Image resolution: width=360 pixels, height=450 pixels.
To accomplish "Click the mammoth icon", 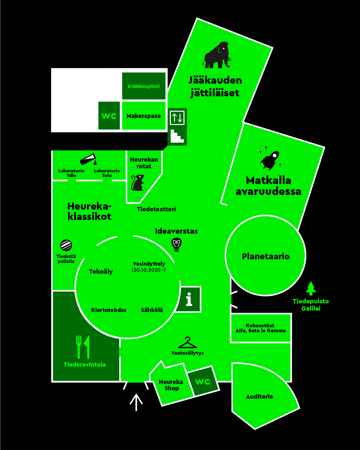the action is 217,55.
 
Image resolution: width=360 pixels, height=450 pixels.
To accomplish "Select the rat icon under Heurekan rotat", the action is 138,183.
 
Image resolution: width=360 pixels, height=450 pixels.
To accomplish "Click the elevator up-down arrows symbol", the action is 177,118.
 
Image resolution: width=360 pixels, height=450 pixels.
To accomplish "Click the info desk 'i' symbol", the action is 189,299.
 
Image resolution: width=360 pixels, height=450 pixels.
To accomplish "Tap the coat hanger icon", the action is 187,342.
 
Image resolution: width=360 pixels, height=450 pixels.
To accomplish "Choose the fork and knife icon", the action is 83,347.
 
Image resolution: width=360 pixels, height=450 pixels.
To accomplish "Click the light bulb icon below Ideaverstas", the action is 177,244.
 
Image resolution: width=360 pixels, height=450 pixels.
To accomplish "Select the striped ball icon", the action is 66,245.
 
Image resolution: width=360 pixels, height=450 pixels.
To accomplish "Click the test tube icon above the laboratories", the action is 88,159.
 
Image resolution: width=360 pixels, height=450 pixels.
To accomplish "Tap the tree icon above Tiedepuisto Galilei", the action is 311,288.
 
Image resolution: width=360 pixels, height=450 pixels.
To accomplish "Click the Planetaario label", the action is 265,256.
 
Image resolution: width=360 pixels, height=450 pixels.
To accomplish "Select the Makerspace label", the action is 144,116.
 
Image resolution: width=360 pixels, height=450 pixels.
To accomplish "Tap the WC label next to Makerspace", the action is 109,116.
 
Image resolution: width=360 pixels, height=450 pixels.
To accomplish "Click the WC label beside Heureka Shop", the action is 202,382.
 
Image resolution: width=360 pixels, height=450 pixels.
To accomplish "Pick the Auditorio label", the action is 260,396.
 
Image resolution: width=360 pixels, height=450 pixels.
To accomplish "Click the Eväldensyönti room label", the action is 144,86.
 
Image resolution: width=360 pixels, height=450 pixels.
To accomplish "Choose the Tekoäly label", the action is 101,272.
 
